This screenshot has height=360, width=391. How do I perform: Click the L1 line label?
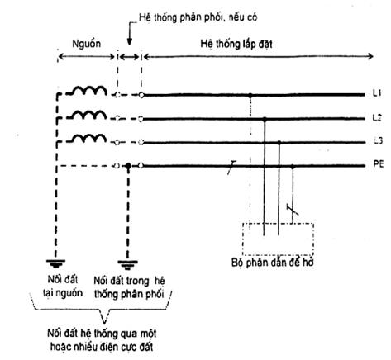coord(377,93)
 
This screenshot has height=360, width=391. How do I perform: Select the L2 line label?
coord(377,118)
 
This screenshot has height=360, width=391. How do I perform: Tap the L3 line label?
coord(378,141)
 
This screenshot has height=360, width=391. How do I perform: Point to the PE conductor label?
coord(378,164)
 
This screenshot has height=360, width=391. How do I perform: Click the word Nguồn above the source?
coord(86,44)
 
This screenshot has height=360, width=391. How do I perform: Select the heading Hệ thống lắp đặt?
coord(236,44)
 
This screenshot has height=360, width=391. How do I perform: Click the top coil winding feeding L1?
coord(88,91)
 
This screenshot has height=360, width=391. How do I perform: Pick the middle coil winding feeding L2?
coord(88,115)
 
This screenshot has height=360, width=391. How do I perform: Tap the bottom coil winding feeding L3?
coord(88,138)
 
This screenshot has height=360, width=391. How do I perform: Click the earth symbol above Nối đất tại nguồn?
coord(56,263)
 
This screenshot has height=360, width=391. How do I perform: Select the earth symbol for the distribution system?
coord(127,265)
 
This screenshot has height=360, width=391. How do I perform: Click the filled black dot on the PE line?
coord(127,166)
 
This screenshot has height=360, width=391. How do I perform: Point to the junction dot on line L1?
coord(250,96)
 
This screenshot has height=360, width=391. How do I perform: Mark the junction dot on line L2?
coord(265,119)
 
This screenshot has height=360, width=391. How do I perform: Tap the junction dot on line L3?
coord(279,143)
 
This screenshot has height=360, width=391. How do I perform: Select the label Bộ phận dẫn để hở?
coord(273,263)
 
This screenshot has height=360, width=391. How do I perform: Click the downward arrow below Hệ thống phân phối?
coord(129,34)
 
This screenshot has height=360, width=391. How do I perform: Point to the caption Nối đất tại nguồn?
coord(63,287)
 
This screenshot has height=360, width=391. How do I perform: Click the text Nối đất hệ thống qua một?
coord(102,334)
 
